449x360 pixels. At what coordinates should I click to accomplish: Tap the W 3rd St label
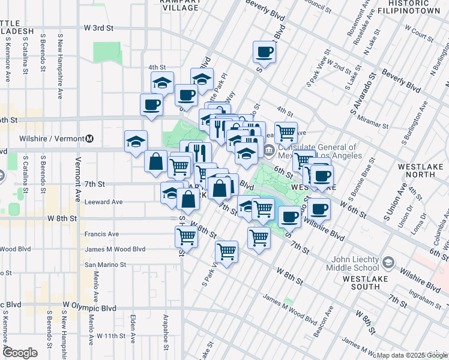point(98,28)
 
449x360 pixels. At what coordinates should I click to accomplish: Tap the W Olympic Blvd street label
point(89,308)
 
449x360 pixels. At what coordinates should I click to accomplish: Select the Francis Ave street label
point(101,234)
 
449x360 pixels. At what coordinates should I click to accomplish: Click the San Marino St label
point(105,264)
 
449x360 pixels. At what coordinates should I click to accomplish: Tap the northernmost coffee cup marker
point(264,52)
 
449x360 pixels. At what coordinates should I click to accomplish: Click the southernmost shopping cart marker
point(226,251)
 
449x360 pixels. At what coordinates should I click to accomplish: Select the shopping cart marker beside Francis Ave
point(186,237)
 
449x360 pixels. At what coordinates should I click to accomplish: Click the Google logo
point(20,353)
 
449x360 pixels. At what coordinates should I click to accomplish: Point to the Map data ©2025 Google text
point(411,355)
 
